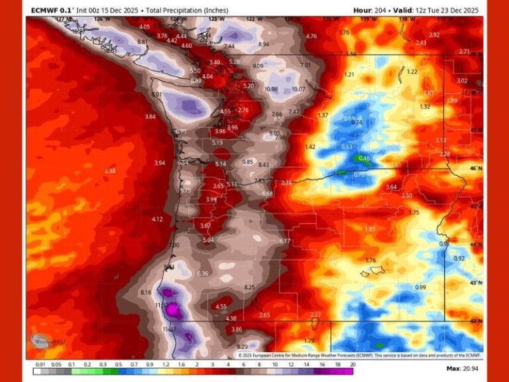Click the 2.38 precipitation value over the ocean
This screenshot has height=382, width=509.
pos(110,171)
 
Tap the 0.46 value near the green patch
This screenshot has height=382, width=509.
pos(364,159)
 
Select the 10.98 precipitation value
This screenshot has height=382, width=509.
pos(271,90)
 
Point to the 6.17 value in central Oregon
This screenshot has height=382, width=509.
pos(285,241)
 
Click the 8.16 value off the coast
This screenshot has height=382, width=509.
pos(146,292)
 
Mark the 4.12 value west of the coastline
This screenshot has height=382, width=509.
pos(157,220)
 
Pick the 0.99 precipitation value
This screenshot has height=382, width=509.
pos(420,287)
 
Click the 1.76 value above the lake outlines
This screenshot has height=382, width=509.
pos(371,261)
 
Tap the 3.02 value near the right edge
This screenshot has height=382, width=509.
pos(462,81)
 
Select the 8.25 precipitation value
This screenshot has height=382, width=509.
pos(250,286)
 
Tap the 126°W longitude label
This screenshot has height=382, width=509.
pos(99,19)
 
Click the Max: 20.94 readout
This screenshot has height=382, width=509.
pos(462,368)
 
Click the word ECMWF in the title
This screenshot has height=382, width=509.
pos(46,10)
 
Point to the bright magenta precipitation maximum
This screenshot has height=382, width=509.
pos(174,309)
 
